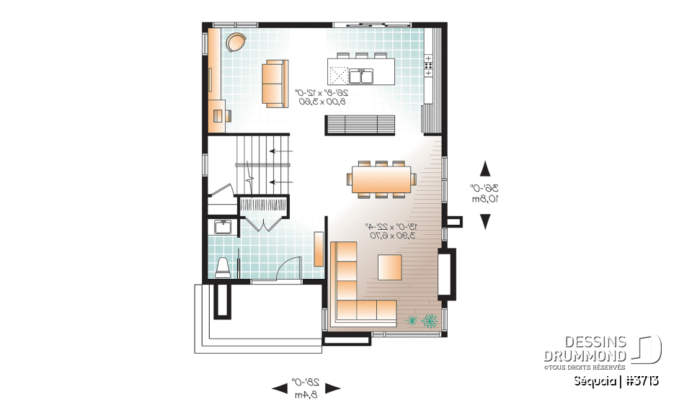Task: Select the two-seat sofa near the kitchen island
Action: pos(272,84)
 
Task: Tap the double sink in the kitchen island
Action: pos(360,75)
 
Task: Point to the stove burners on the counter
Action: pos(428,65)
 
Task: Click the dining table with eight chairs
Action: pos(381,178)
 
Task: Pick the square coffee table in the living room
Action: pos(390,267)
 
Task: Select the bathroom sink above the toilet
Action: pos(223,228)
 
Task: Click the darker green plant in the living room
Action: pos(430,320)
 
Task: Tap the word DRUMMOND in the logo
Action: pos(585,356)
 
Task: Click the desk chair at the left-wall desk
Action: pos(228,113)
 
